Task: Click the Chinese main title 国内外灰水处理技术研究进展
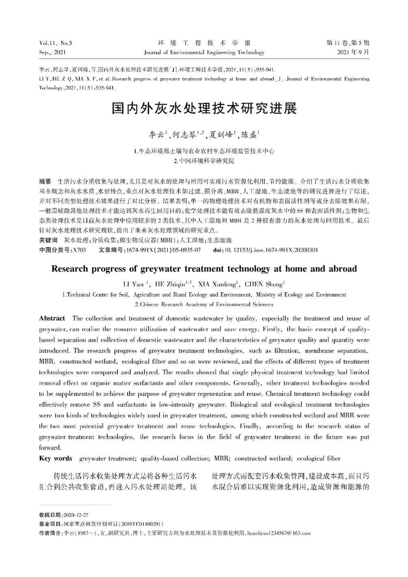click(204, 109)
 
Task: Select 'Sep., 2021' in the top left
click(52, 52)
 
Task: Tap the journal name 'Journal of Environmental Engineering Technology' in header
click(204, 52)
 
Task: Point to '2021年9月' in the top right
click(354, 52)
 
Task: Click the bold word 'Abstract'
click(52, 318)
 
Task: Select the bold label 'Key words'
click(55, 458)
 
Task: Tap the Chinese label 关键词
click(48, 240)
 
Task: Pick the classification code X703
click(78, 250)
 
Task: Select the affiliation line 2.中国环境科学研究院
click(204, 161)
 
